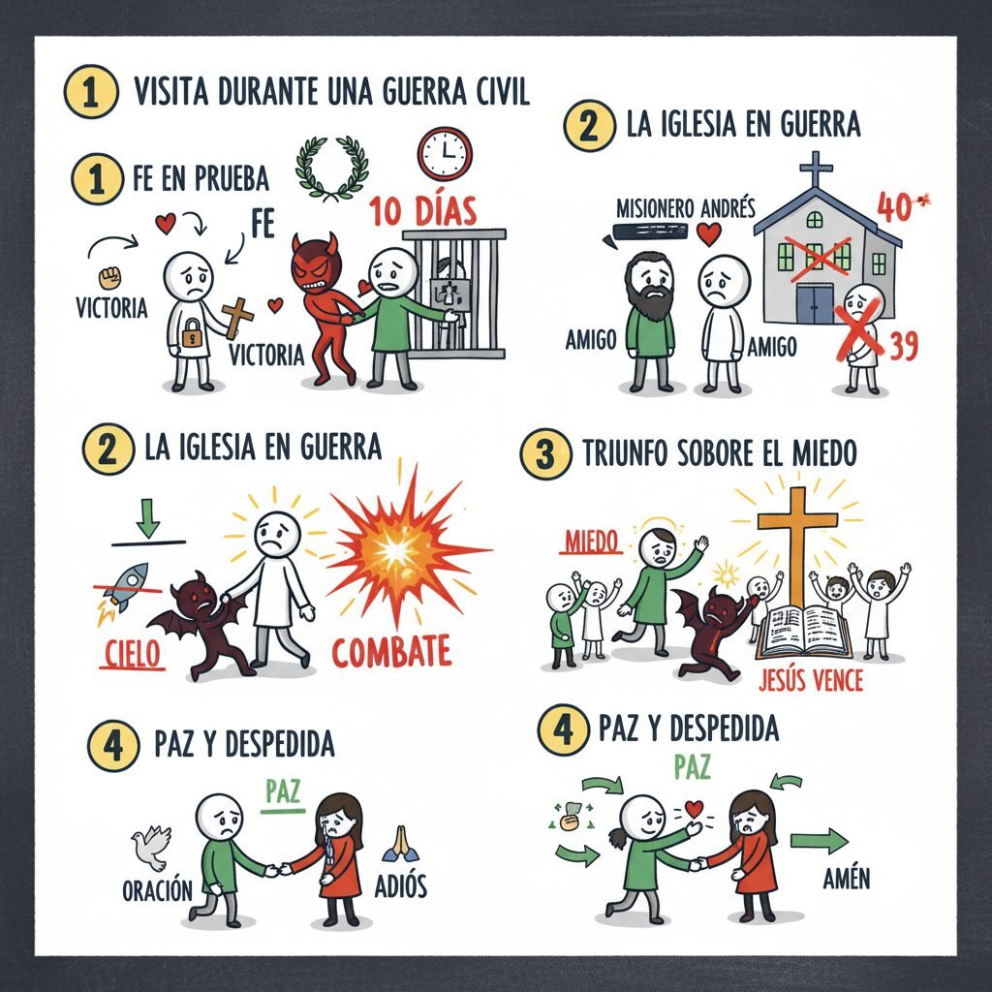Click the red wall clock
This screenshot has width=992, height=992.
click(445, 154)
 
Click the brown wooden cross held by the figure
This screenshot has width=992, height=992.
click(237, 318)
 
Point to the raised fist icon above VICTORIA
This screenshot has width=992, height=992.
click(110, 276)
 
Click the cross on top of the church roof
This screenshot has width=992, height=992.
click(817, 169)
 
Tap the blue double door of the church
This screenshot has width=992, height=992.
click(814, 303)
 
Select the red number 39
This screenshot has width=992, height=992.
click(904, 346)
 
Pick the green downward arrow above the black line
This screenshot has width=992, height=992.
click(147, 517)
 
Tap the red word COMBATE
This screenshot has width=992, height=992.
click(391, 652)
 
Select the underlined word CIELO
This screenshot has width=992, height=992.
click(132, 654)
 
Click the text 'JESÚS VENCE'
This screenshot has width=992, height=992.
click(811, 680)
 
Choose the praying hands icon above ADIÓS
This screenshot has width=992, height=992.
click(400, 844)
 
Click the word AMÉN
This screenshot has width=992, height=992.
click(847, 878)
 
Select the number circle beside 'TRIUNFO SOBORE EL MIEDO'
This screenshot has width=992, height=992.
click(545, 454)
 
